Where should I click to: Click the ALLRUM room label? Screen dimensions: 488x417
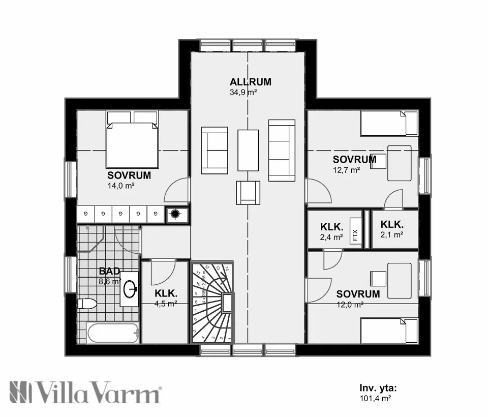point(250,82)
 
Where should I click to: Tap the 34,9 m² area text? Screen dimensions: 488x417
point(243,93)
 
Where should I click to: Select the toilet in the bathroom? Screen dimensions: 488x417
point(87,304)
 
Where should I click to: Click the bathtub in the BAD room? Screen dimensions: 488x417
point(112,334)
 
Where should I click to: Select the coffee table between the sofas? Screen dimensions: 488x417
point(248,150)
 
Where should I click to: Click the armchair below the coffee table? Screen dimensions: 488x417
point(248,192)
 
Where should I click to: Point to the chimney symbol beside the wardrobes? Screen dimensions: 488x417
point(175,215)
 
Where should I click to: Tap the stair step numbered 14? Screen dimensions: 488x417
point(227,267)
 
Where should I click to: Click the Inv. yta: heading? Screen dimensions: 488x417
point(378,388)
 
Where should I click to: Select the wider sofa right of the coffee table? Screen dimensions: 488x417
point(282,151)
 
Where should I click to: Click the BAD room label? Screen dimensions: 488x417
point(109,271)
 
